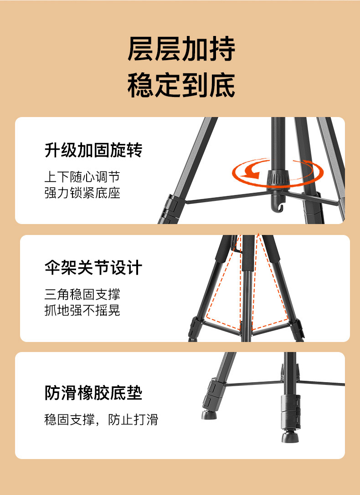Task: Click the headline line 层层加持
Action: [181, 50]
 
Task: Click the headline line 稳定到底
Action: [181, 85]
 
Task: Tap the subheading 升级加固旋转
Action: [93, 150]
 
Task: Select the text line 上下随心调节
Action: [82, 176]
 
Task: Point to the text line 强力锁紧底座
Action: [82, 193]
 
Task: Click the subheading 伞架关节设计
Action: [93, 267]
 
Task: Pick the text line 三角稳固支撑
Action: [82, 294]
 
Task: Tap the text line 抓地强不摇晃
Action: [82, 310]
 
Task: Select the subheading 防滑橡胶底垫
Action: [93, 393]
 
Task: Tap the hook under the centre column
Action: [279, 207]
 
